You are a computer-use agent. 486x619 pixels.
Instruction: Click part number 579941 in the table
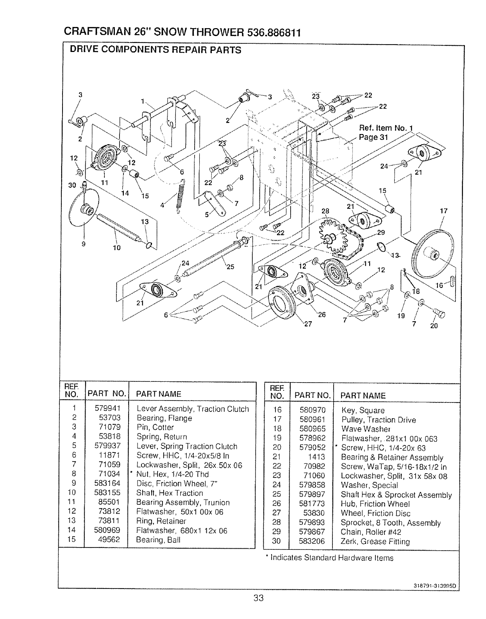click(x=107, y=408)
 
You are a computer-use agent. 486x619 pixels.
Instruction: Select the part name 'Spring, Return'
click(x=161, y=437)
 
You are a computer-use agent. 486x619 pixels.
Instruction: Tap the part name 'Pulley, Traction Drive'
click(x=378, y=420)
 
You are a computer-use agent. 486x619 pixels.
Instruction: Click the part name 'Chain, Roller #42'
click(x=371, y=532)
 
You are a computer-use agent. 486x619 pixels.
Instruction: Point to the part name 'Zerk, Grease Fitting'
click(x=375, y=542)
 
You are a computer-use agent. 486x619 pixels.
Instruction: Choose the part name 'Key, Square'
click(x=363, y=410)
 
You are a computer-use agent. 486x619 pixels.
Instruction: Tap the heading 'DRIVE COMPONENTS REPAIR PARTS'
click(x=155, y=50)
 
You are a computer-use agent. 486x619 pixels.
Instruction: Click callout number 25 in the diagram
click(x=230, y=267)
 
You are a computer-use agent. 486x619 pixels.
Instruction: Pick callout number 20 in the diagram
click(x=433, y=326)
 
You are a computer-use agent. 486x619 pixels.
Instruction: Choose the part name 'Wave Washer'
click(x=366, y=429)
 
